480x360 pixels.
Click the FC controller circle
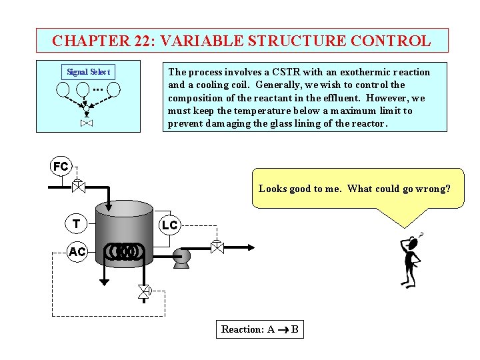point(61,167)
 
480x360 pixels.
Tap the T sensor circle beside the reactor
point(77,224)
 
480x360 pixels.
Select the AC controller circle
point(77,251)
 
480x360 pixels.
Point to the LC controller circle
point(169,225)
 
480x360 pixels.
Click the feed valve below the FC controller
point(78,187)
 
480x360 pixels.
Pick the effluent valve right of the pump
point(217,247)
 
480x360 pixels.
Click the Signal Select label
point(89,72)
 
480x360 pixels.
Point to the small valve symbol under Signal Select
point(87,123)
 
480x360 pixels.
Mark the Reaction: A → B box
point(259,329)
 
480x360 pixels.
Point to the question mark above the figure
point(420,235)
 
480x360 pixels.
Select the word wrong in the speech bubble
point(435,189)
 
